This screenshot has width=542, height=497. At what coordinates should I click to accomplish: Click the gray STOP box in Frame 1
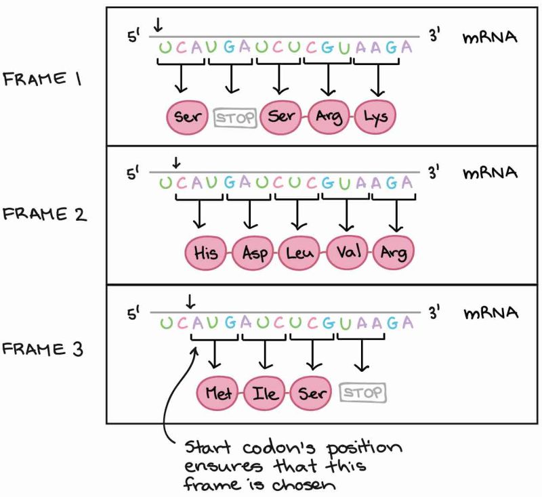235,116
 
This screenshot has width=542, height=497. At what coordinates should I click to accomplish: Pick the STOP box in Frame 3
362,392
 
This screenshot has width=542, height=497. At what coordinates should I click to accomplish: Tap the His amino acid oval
205,253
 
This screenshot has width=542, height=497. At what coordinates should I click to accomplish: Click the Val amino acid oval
348,253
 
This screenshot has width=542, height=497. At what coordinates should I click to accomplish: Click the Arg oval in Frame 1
328,116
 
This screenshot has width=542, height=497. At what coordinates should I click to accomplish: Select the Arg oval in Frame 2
394,253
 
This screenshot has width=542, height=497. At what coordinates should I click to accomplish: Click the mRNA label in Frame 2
490,173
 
